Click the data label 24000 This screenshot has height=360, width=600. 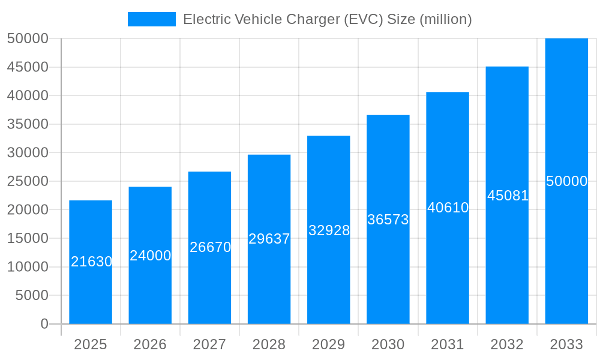(150, 256)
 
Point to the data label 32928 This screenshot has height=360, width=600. (329, 230)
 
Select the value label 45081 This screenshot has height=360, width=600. (508, 196)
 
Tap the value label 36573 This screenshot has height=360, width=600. (388, 220)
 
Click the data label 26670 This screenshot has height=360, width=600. (210, 247)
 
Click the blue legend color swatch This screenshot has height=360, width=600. (152, 19)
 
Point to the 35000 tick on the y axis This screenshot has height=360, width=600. (27, 124)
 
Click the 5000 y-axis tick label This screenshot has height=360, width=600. (31, 295)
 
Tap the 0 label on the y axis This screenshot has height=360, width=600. (44, 324)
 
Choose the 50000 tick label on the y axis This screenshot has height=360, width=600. (27, 38)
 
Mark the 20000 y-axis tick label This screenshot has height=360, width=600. (27, 210)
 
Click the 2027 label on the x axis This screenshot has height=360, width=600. (209, 344)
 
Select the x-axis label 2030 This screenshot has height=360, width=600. (388, 344)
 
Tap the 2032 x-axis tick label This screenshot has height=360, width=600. (507, 344)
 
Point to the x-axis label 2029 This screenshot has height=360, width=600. (329, 344)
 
